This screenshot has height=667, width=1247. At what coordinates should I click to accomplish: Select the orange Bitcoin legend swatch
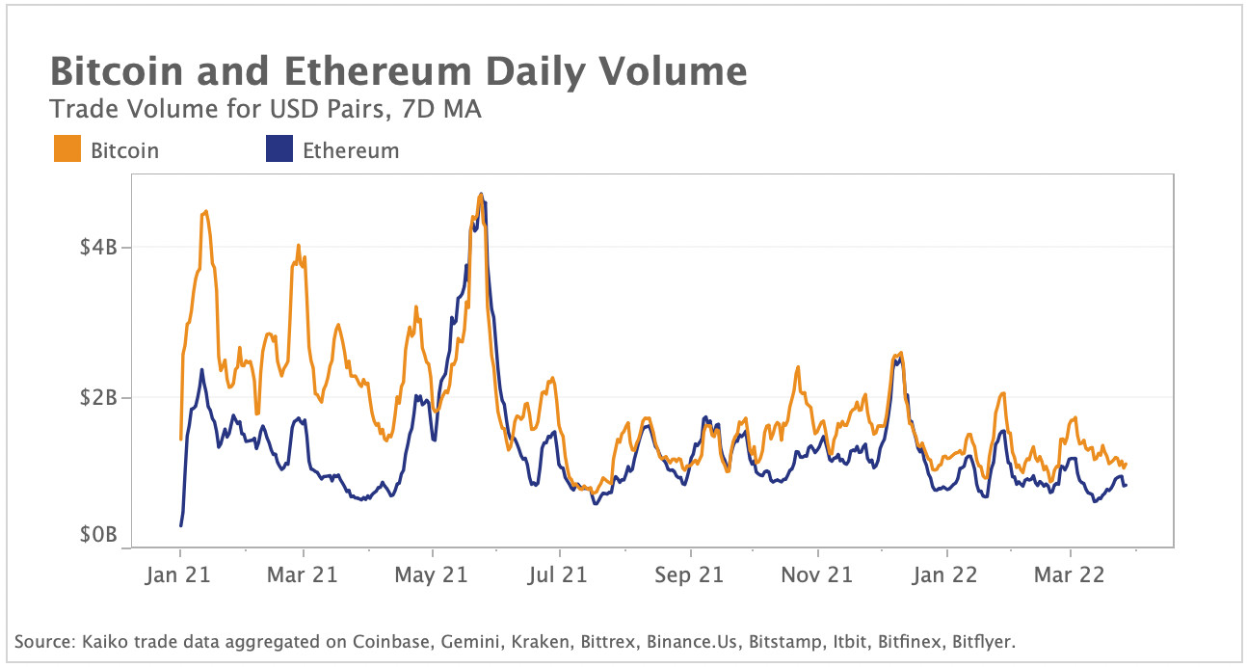[67, 150]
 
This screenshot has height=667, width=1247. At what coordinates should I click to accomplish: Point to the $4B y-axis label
[98, 248]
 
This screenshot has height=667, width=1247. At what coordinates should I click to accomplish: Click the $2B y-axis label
[98, 397]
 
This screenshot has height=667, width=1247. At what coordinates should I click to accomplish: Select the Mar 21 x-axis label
[304, 575]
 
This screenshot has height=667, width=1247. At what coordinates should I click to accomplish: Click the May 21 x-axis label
[433, 575]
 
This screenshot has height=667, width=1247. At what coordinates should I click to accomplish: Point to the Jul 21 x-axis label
[560, 575]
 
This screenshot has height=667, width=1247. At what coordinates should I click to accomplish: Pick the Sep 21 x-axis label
[690, 575]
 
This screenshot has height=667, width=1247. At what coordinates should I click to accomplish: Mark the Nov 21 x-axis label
[817, 575]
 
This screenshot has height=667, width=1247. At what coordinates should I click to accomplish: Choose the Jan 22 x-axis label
[946, 575]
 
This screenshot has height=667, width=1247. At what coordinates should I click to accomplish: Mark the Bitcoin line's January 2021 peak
[205, 211]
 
